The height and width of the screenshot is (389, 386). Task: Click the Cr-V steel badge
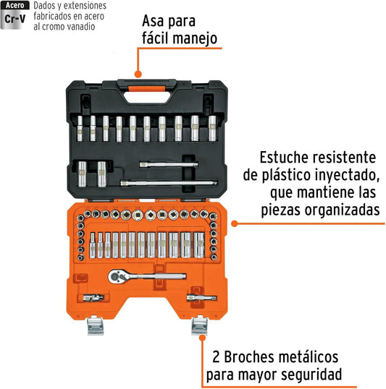(15, 15)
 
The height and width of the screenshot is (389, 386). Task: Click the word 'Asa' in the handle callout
(151, 21)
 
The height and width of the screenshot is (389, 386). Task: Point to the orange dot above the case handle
(138, 74)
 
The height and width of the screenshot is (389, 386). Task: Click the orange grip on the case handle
(147, 89)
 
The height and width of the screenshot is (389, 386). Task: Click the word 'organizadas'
(343, 210)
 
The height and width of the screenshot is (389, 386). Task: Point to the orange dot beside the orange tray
(235, 223)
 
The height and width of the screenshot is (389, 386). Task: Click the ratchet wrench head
(117, 276)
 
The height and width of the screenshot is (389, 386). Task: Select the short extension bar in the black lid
(169, 164)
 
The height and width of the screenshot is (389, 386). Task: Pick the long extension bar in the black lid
(169, 183)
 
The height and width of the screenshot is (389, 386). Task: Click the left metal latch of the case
(95, 325)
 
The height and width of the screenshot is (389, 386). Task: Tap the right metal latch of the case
(199, 325)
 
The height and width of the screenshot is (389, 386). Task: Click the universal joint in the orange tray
(93, 298)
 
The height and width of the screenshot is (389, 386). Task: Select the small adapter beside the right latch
(201, 297)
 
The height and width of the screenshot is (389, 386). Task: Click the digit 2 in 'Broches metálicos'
(216, 357)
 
